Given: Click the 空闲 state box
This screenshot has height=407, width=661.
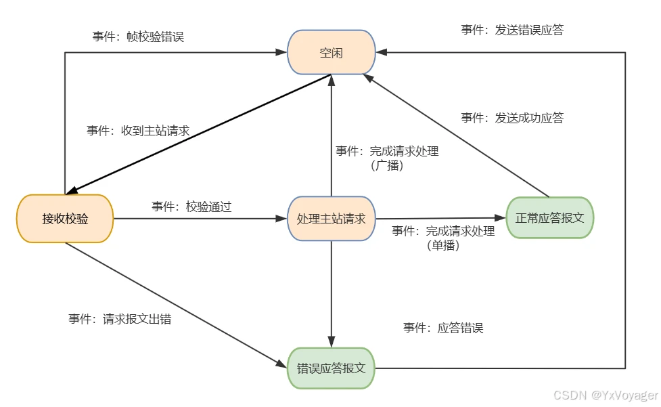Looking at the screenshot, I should (332, 52).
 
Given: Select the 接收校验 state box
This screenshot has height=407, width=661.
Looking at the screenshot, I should (65, 219).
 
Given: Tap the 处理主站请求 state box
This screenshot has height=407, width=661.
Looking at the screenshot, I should (332, 219).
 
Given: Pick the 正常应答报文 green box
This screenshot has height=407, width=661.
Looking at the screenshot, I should (550, 218).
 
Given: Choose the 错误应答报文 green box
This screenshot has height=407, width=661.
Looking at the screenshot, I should (332, 368).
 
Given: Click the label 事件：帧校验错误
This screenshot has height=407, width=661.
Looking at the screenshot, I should (138, 37).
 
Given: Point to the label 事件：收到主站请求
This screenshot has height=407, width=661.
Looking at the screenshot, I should (138, 131).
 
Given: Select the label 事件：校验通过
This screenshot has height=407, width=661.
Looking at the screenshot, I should (191, 207).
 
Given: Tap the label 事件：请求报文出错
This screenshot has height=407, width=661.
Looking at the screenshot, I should (120, 318).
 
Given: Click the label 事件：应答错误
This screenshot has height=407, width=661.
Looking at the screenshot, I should (443, 328).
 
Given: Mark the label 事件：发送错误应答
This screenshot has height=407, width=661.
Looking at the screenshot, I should (512, 30).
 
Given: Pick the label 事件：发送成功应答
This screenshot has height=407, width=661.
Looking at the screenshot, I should (512, 118).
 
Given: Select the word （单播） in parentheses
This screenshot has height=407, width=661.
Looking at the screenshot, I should (443, 246).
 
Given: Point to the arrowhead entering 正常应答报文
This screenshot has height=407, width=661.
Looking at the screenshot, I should (501, 218).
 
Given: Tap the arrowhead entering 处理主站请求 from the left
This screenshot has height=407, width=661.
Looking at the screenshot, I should (283, 219).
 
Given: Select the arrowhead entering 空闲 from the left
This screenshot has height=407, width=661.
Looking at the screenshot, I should (282, 52).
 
